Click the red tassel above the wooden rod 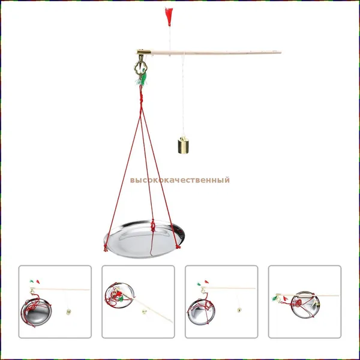(x=169, y=16)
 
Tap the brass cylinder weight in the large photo (x=183, y=145)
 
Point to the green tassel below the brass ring (x=141, y=80)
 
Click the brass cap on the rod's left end (x=144, y=52)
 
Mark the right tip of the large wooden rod (x=281, y=53)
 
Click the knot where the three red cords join (x=141, y=100)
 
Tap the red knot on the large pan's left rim (x=106, y=248)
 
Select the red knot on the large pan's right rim (x=178, y=247)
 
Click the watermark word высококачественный (x=180, y=180)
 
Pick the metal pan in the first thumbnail (x=36, y=312)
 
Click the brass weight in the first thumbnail (x=68, y=312)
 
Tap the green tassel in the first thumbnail (x=32, y=281)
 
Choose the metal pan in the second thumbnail (x=119, y=295)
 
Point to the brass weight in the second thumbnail (x=145, y=312)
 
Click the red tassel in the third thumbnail (x=206, y=282)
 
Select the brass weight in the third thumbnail (x=239, y=310)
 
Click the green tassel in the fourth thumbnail (x=275, y=298)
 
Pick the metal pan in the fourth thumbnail (x=305, y=304)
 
